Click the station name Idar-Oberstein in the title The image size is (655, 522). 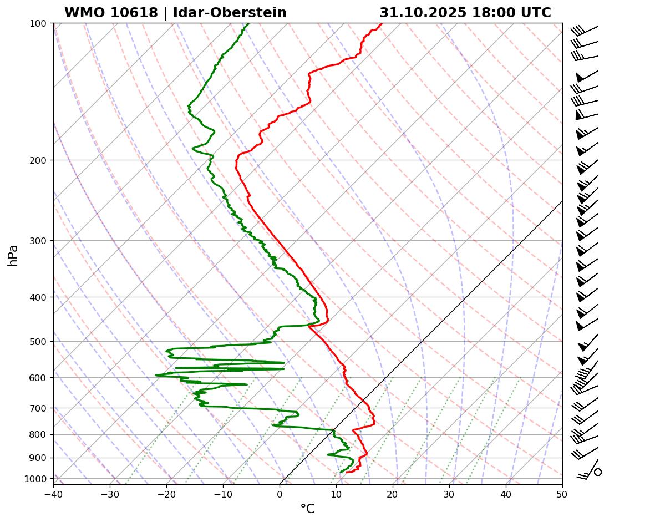click(230, 13)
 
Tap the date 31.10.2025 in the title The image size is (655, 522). click(423, 13)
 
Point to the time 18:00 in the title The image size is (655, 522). click(491, 13)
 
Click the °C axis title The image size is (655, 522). click(307, 509)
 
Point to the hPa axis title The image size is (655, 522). click(13, 255)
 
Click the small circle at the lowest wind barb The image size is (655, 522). click(598, 472)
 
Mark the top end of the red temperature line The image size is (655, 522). click(381, 24)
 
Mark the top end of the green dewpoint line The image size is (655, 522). click(248, 24)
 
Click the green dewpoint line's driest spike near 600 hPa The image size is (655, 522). click(156, 375)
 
